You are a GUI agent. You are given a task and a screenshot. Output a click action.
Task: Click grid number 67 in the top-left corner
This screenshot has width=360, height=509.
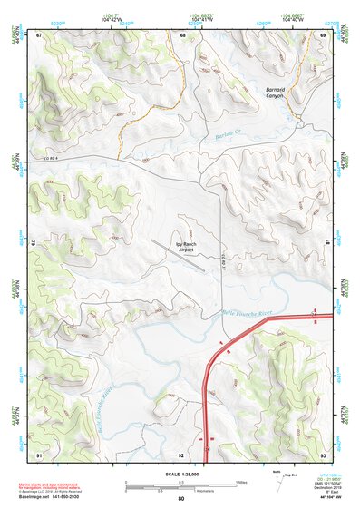tap(40, 35)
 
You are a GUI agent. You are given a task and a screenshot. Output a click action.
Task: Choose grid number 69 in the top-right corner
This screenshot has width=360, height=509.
tap(323, 35)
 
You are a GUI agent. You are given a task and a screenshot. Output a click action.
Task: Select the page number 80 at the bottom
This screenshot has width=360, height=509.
tap(180, 499)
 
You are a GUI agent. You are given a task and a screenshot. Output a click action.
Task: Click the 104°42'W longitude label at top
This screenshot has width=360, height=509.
tap(112, 18)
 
